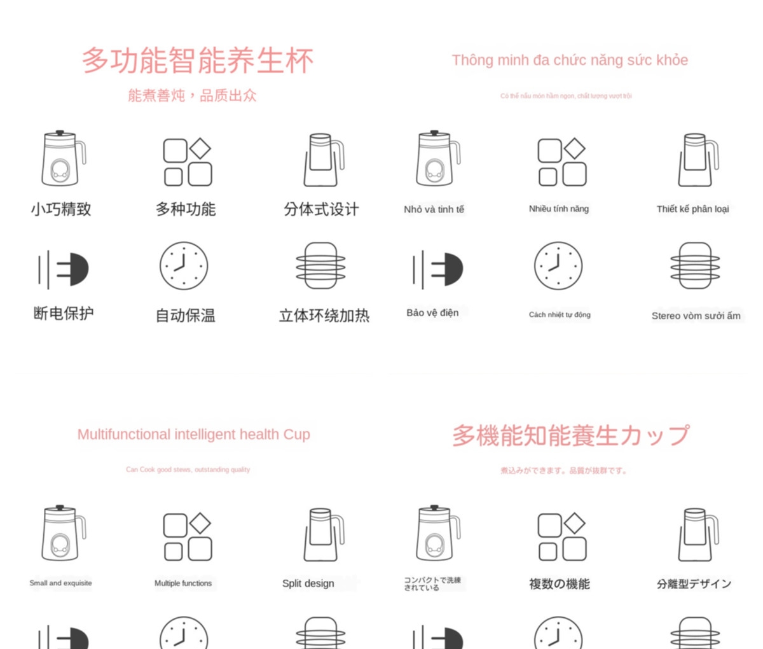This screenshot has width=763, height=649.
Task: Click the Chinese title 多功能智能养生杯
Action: point(197,61)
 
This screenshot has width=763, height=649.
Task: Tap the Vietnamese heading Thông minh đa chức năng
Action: point(570,60)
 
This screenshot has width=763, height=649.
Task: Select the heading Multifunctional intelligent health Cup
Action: point(194,435)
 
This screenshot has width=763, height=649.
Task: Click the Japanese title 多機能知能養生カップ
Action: point(570,436)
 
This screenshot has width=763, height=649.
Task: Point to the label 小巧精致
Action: point(61,209)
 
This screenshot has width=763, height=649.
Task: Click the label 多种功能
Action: point(186,209)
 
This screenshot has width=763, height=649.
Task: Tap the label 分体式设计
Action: point(321,209)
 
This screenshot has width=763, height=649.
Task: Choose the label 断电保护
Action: point(64,313)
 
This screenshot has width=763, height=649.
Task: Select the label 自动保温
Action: point(186,316)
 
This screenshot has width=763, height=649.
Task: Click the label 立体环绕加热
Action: point(324,316)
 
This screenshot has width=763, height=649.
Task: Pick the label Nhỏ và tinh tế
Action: point(434,209)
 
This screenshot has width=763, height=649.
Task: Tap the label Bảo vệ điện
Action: point(432,313)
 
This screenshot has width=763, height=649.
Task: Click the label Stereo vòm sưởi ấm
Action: point(696,316)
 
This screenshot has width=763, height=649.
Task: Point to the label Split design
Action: point(308,583)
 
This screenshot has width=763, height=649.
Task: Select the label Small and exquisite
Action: point(60,583)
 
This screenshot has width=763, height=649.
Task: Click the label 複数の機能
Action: point(560,584)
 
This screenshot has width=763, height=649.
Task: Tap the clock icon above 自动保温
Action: point(184,266)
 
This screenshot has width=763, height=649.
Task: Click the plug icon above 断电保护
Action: point(64,269)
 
